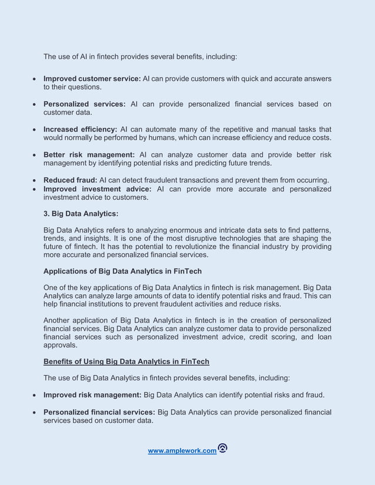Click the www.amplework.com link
182,451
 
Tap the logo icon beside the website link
222,449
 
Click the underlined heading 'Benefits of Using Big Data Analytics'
126,361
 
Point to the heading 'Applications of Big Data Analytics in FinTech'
122,271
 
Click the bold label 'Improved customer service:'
92,79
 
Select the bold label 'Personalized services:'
85,104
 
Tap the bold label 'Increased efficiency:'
81,129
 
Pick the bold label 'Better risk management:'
89,154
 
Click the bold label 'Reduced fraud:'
71,180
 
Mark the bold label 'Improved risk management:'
92,395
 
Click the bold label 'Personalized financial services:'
99,412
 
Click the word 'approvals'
61,346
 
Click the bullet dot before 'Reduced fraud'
36,180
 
